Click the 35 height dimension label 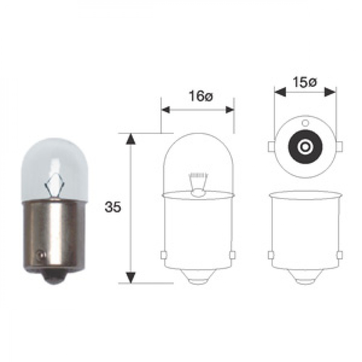point(113,207)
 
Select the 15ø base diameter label point(305,82)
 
